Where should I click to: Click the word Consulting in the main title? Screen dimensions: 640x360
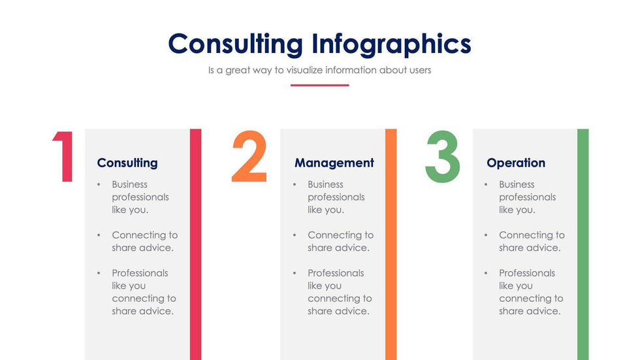tap(236, 44)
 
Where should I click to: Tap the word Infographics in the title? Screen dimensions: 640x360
tap(391, 44)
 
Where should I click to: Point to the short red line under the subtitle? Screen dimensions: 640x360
tap(319, 86)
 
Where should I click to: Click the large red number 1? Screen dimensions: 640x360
tap(63, 156)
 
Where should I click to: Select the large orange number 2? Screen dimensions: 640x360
tap(249, 156)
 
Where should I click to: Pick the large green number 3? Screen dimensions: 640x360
tap(443, 156)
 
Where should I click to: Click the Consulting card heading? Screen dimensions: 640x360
tap(127, 163)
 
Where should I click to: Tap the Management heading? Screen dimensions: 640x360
tap(334, 163)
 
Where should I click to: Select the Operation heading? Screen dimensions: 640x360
tap(516, 163)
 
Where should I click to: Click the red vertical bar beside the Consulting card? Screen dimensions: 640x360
tap(195, 244)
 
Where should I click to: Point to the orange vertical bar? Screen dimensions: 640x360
tap(391, 244)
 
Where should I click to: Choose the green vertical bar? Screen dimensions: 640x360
tap(583, 244)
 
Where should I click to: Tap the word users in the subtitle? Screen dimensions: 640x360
tap(421, 70)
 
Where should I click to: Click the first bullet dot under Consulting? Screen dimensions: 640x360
tap(99, 185)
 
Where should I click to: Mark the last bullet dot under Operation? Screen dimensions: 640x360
tap(486, 273)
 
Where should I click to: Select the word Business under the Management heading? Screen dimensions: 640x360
tap(325, 184)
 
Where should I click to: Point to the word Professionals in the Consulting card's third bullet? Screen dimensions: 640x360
tap(140, 273)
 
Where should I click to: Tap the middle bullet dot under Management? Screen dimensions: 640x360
tap(295, 235)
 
